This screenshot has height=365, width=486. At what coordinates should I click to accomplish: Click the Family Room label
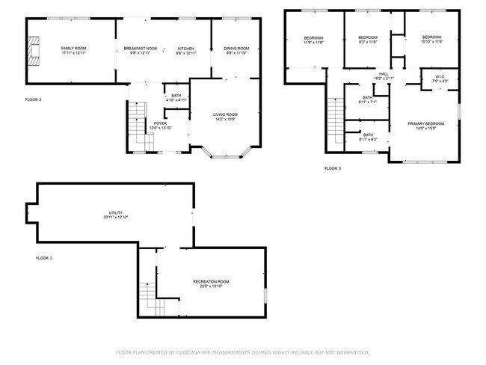tap(73, 48)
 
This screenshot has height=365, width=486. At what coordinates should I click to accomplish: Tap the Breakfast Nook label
tap(140, 48)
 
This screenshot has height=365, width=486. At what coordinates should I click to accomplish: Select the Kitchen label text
tap(185, 48)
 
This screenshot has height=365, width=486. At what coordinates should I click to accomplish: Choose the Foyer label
tap(160, 123)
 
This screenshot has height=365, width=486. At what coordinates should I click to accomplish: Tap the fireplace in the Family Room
tap(31, 51)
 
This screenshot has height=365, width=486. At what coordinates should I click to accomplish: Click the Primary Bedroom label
tap(425, 123)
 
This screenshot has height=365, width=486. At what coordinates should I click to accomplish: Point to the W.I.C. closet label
tap(440, 76)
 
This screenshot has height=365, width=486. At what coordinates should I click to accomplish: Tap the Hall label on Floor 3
tap(383, 73)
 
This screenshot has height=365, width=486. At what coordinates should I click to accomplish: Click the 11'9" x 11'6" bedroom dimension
tap(313, 43)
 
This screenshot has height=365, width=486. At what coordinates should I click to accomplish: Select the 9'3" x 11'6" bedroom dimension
tap(368, 43)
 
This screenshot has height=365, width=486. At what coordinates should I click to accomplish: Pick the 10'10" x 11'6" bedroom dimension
tap(432, 43)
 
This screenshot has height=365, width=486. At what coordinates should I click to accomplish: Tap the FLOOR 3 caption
tap(332, 168)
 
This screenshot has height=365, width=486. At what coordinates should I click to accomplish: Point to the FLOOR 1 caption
tap(44, 258)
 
